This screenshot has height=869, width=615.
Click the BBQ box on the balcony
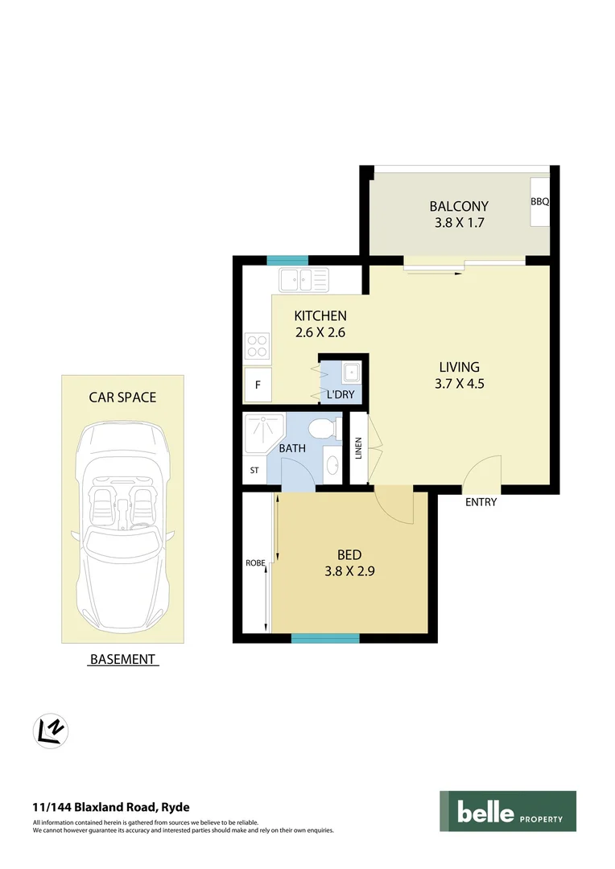click(539, 201)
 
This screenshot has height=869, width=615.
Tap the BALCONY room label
click(459, 206)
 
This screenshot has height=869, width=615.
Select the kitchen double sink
click(303, 281)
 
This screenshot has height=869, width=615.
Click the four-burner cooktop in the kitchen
click(257, 346)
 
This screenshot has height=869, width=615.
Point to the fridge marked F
click(258, 385)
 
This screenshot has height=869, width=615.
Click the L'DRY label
click(341, 395)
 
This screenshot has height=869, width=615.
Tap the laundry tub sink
click(350, 373)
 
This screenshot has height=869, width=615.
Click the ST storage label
click(254, 471)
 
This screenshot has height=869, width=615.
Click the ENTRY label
click(481, 502)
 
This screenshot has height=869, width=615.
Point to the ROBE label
click(255, 563)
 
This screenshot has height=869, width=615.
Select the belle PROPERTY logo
click(507, 811)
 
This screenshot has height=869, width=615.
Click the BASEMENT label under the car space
click(122, 659)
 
